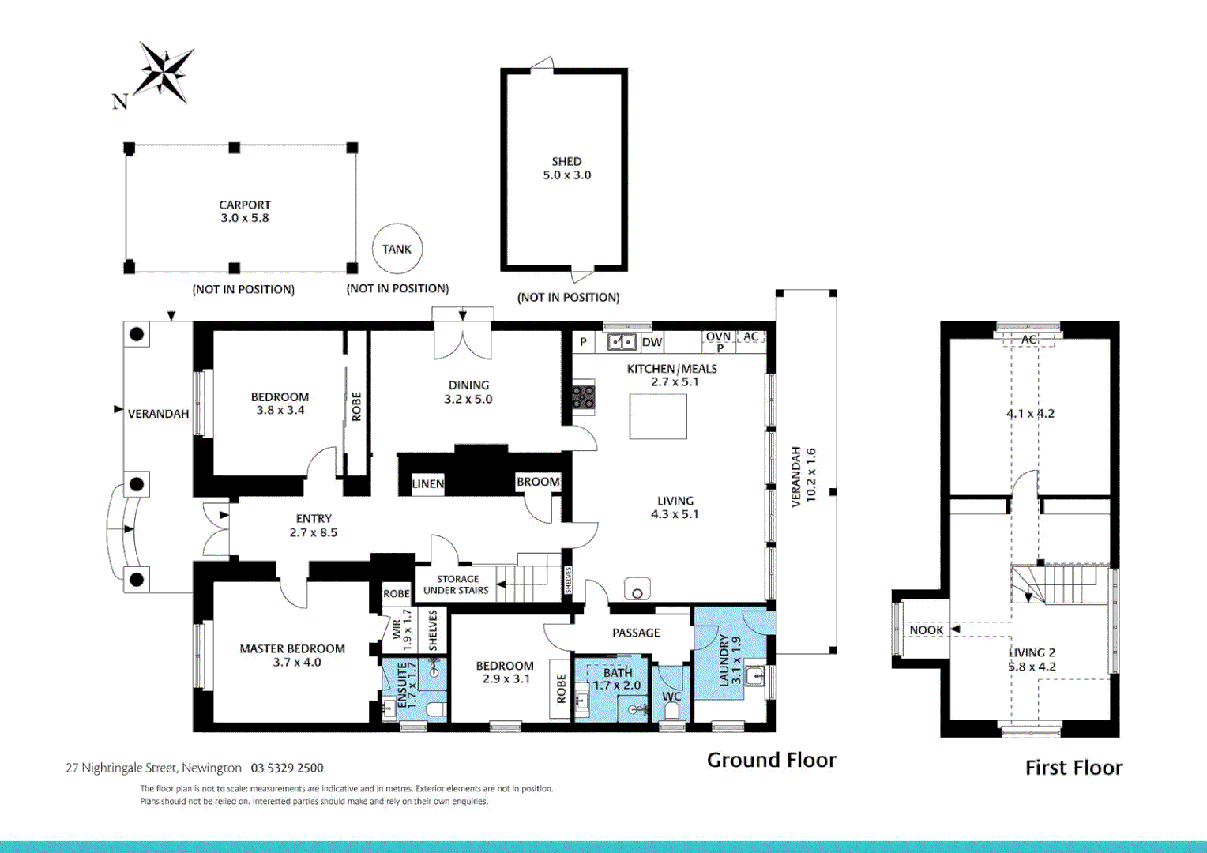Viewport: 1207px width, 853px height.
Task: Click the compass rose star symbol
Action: click(x=164, y=73)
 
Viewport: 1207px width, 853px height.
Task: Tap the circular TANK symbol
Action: click(x=397, y=249)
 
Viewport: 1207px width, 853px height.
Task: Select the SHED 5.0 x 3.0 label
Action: click(x=566, y=168)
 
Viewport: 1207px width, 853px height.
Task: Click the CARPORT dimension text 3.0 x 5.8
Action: click(x=245, y=218)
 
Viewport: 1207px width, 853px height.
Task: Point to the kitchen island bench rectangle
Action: click(x=658, y=416)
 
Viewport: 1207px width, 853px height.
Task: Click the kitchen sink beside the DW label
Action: click(x=622, y=342)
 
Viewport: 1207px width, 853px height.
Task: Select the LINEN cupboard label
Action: click(x=427, y=484)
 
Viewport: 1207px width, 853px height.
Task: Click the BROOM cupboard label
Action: click(x=538, y=482)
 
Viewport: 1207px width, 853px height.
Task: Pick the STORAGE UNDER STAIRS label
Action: click(x=457, y=584)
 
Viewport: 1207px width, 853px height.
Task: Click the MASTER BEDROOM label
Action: click(x=292, y=648)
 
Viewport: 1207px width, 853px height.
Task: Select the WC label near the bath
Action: click(x=671, y=696)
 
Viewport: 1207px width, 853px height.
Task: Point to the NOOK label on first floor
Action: click(x=926, y=630)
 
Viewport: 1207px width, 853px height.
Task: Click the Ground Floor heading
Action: click(x=771, y=760)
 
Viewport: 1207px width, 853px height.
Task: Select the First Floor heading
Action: click(x=1074, y=768)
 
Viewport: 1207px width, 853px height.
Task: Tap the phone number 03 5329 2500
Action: click(x=287, y=768)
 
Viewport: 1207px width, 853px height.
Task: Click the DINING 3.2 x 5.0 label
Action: click(x=468, y=392)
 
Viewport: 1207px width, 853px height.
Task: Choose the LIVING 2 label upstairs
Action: click(x=1032, y=652)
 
